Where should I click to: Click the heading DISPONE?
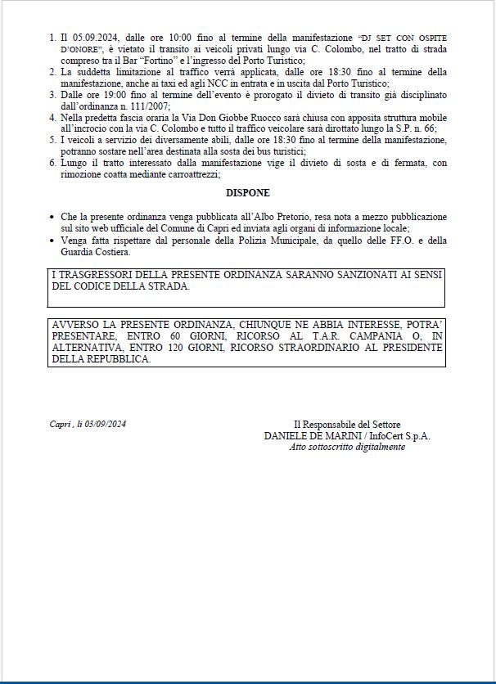(x=247, y=193)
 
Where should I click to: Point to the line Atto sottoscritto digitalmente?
(x=346, y=448)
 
